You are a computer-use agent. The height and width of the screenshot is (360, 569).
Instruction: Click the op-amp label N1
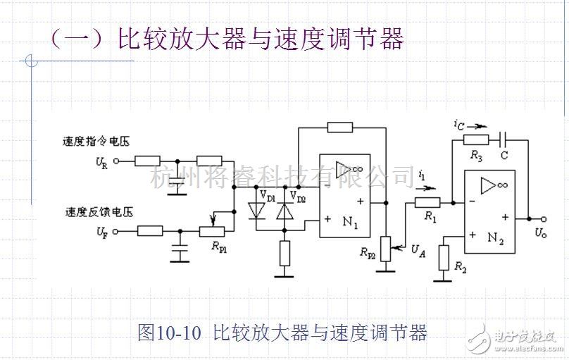tap(350, 221)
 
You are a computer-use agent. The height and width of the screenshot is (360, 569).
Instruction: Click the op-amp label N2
tap(495, 238)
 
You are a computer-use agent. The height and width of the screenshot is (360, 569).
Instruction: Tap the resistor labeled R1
tap(427, 202)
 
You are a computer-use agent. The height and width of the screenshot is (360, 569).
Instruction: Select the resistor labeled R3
tap(476, 139)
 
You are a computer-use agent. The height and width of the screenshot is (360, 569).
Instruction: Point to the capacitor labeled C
tap(503, 139)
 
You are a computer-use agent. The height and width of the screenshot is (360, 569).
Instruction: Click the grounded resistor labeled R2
tap(444, 258)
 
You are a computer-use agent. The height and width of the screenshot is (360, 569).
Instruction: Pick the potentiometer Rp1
tap(212, 231)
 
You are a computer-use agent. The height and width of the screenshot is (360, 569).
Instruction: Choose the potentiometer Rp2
tap(386, 249)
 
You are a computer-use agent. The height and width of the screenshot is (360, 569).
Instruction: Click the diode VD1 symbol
tap(256, 211)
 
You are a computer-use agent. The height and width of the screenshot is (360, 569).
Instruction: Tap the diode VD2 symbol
tap(284, 211)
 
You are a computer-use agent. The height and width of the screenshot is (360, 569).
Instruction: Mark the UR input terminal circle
tap(116, 161)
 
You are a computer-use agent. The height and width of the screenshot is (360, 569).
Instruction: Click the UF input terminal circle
tap(115, 231)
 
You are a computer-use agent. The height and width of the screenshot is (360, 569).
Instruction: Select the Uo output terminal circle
tap(543, 219)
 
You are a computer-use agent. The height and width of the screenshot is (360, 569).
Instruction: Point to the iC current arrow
tap(477, 127)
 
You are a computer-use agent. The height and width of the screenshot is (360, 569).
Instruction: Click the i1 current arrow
tap(426, 188)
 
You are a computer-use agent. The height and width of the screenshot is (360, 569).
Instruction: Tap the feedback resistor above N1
tap(339, 128)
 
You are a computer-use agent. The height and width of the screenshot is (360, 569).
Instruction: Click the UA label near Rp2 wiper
tap(418, 251)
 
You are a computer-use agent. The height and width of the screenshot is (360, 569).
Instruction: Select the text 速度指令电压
tap(96, 141)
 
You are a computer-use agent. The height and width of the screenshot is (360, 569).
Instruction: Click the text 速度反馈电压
tap(99, 212)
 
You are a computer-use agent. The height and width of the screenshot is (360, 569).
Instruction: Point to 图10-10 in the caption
tap(169, 333)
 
